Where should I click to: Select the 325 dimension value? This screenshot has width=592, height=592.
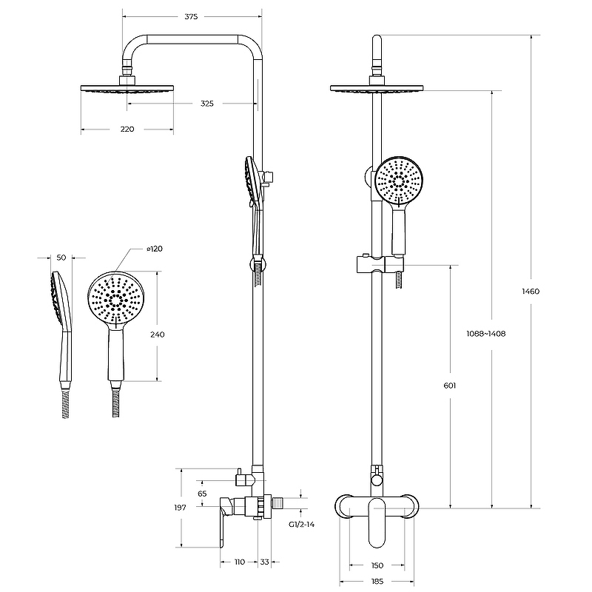tap(207, 104)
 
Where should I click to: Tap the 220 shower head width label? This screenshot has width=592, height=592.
tap(127, 129)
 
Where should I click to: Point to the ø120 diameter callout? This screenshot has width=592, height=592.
tap(155, 249)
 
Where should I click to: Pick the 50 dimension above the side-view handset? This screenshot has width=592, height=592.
tap(61, 257)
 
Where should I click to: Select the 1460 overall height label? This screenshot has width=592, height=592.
tap(551, 291)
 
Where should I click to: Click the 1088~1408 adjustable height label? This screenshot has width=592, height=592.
tap(487, 334)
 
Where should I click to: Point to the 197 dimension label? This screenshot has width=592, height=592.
tap(180, 508)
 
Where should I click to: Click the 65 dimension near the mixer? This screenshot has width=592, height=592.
tap(202, 493)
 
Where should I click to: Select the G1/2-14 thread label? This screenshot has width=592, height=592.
tap(301, 523)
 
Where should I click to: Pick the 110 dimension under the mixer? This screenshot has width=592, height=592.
tap(239, 562)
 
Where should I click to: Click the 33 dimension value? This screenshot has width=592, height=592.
tap(265, 562)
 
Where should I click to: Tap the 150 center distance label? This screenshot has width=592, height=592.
tap(377, 566)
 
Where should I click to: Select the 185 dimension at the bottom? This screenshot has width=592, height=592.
tap(377, 582)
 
